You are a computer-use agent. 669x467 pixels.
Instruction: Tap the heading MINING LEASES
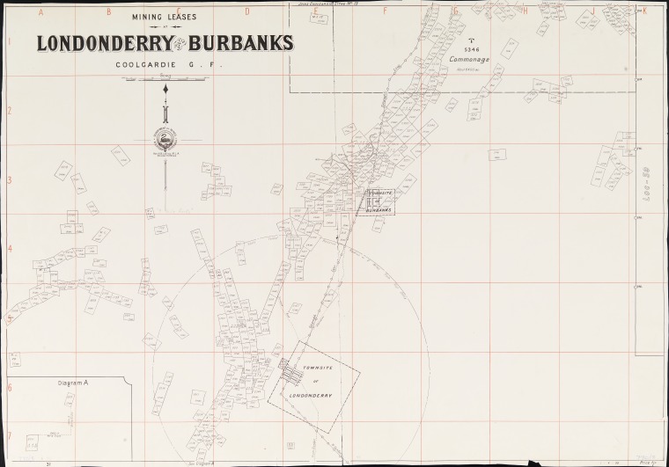point(164,15)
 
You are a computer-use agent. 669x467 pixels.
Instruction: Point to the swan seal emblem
point(165,140)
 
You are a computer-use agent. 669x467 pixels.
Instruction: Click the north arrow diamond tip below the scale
point(165,90)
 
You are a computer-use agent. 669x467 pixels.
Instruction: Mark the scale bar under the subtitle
point(164,80)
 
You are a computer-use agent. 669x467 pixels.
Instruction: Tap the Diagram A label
point(73,383)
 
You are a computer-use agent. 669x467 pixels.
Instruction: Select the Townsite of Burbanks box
point(379,202)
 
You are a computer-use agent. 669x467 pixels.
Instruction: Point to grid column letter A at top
point(40,11)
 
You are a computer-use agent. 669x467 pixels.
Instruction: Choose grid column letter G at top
point(454,11)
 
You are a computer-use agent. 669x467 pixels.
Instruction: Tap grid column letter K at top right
point(644,11)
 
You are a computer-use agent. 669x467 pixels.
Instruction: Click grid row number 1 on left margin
point(9,41)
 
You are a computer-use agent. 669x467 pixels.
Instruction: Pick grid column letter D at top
point(247,11)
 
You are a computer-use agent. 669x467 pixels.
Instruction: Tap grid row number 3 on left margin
point(9,179)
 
